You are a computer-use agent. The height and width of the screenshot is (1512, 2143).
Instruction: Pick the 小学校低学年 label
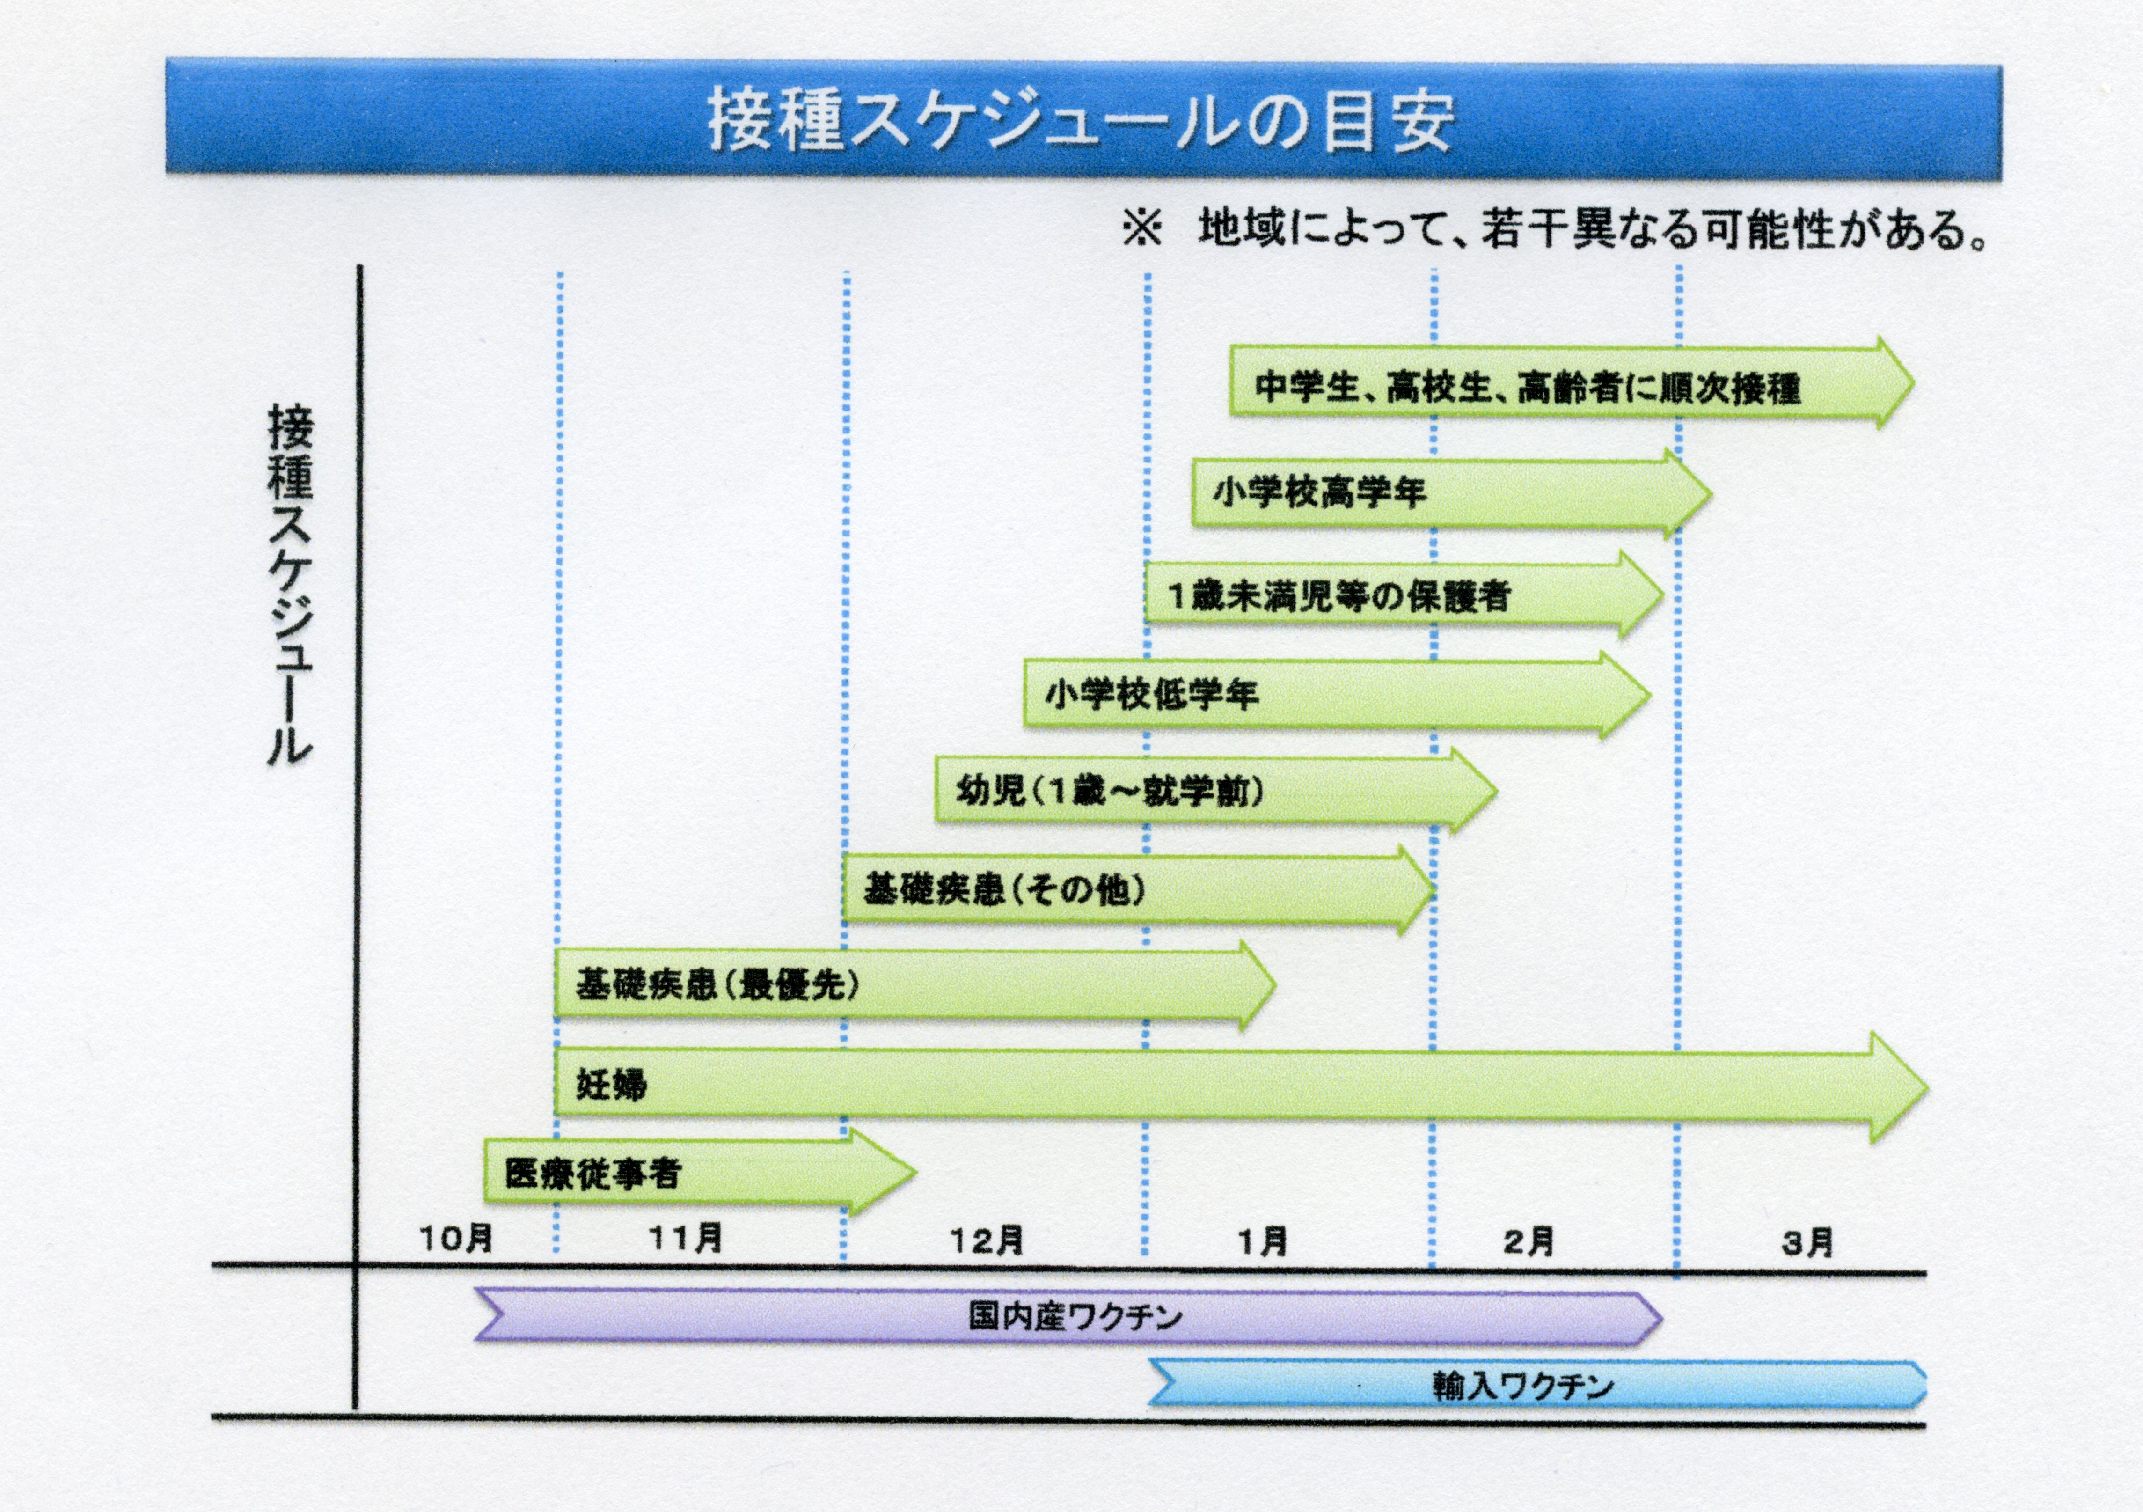tap(1152, 693)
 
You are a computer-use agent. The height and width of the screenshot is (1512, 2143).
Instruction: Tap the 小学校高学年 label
tap(1320, 491)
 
